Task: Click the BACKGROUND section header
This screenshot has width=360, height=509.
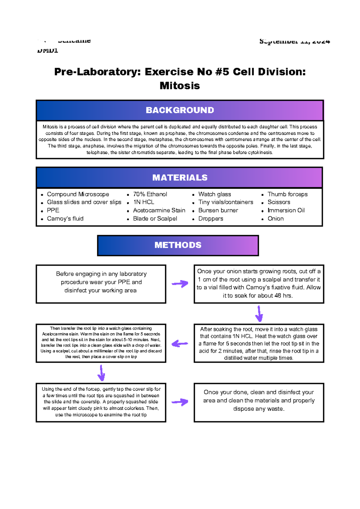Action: pos(180,110)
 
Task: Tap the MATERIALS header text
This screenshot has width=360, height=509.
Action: pos(180,178)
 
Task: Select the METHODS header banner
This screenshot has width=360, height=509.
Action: pos(178,245)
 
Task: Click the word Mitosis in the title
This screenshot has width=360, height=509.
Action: pos(180,86)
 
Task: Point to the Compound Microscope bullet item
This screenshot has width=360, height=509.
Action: pos(78,194)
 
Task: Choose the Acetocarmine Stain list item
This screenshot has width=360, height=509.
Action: pos(159,210)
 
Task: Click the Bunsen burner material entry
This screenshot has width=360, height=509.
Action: pos(218,210)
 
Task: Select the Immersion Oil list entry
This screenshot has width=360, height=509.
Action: pos(286,210)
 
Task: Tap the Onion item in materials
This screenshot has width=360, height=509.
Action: pos(275,219)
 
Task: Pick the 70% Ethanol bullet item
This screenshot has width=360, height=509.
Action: pos(150,194)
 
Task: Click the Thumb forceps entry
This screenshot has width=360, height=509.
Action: pos(287,194)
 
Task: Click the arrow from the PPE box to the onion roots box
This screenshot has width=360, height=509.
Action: pos(180,284)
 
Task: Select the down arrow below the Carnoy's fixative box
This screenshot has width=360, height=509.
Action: pos(259,314)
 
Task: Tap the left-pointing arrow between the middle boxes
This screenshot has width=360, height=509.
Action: pos(180,344)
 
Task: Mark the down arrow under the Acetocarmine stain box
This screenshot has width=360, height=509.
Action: pos(101,373)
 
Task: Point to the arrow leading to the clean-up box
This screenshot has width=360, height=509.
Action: pos(180,402)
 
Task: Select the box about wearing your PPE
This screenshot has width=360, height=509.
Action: pos(101,284)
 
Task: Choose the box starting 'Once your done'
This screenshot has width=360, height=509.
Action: pos(259,402)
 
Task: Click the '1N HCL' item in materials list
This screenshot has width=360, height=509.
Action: pos(143,202)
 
